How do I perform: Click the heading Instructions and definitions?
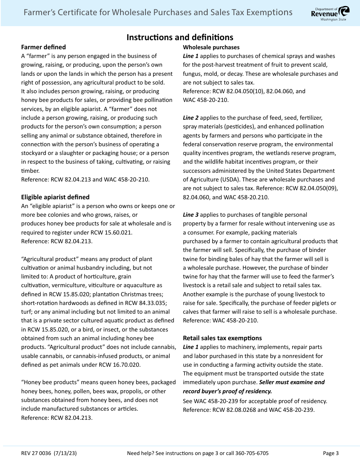180,37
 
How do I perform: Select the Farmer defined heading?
43,47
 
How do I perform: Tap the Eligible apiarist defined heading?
55,197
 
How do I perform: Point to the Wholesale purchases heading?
211,47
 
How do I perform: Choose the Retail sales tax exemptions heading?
222,338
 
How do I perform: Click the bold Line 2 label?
191,118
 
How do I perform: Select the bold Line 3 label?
191,215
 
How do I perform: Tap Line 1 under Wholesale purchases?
191,56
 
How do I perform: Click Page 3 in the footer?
330,453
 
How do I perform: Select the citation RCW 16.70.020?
122,365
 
